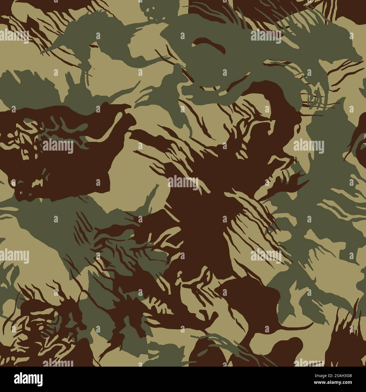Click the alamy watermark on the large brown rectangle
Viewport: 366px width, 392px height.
click(x=58, y=147)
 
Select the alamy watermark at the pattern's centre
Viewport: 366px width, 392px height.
click(x=183, y=182)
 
